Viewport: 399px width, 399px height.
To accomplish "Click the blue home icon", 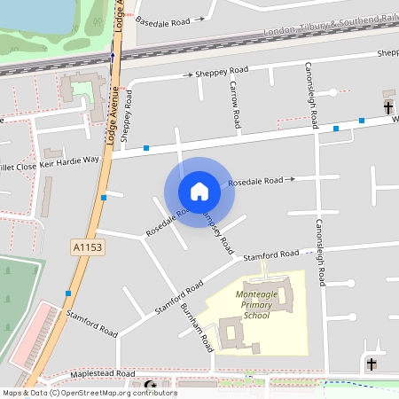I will (x=199, y=192).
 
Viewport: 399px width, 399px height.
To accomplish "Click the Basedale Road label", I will (x=165, y=19).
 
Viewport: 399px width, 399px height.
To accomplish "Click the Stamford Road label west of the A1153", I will (x=90, y=323).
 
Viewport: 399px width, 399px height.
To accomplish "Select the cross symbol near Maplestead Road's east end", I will (x=372, y=364).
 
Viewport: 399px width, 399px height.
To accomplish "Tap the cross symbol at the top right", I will (x=388, y=107).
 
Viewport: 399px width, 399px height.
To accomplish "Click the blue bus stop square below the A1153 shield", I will (x=68, y=293).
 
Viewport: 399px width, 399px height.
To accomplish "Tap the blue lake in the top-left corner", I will (x=31, y=13).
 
